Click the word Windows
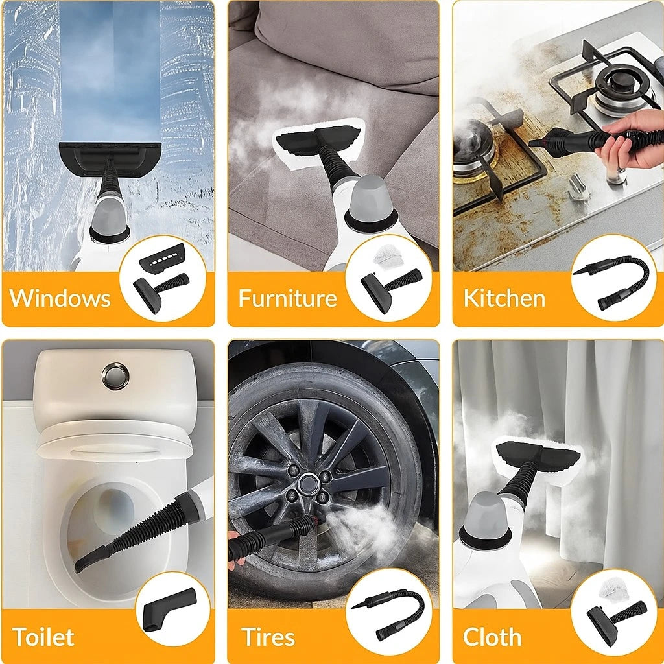click(x=60, y=298)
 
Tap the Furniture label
click(x=287, y=298)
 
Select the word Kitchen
click(x=504, y=298)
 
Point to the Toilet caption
click(x=43, y=637)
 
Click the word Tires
click(x=268, y=637)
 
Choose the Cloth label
click(x=492, y=637)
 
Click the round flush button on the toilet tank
click(x=115, y=376)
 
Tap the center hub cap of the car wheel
click(x=308, y=484)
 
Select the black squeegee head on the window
click(x=110, y=158)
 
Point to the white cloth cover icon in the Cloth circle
click(x=615, y=593)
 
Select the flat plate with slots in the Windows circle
click(x=163, y=258)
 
